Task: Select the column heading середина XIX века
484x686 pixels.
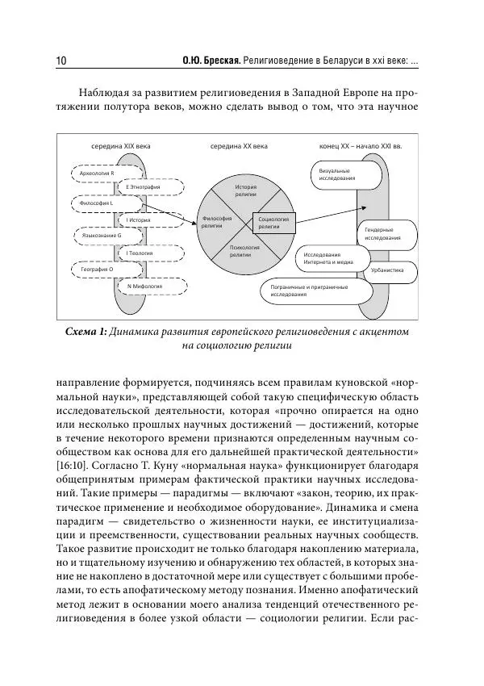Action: click(x=120, y=147)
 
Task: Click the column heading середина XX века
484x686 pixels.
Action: click(x=239, y=147)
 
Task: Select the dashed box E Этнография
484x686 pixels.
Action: click(x=145, y=187)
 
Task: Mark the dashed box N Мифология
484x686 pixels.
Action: click(x=145, y=286)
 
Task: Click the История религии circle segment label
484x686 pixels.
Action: click(x=245, y=190)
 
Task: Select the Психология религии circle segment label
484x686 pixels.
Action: click(x=244, y=250)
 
